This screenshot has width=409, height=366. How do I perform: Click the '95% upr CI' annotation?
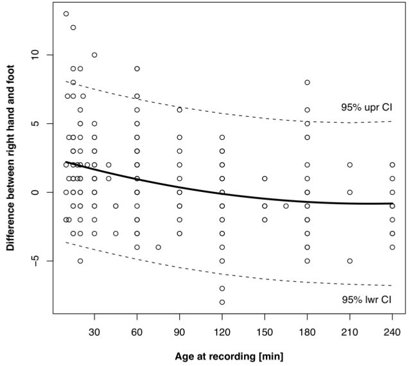366,107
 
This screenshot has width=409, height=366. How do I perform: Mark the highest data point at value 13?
66,13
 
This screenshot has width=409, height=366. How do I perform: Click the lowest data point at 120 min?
222,302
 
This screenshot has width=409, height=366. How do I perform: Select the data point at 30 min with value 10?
94,55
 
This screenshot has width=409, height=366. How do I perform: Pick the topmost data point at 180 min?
307,82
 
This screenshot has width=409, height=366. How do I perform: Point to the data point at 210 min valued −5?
350,261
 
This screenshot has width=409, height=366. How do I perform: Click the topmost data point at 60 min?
137,69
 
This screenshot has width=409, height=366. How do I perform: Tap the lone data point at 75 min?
158,247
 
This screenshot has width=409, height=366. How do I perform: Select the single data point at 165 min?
286,206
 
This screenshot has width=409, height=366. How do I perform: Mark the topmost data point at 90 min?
180,110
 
